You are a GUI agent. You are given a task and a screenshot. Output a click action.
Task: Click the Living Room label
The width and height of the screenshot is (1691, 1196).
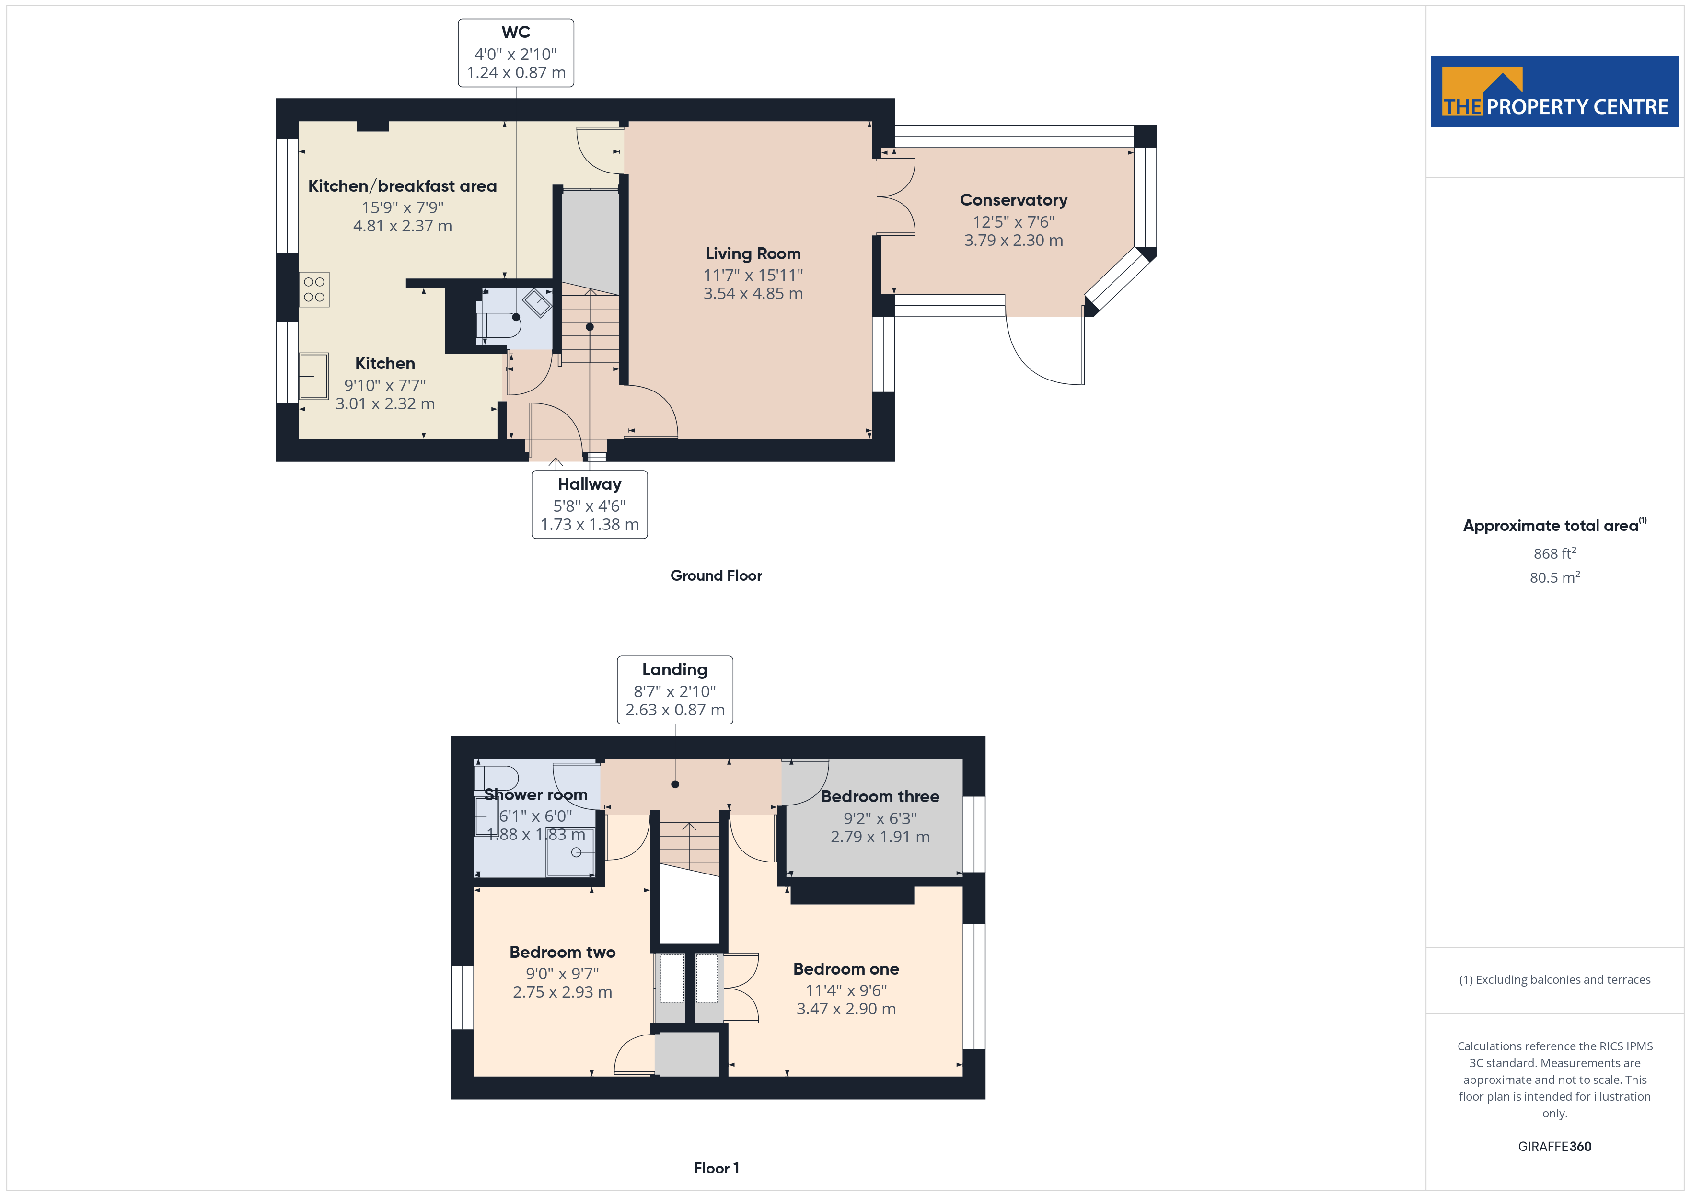click(x=753, y=253)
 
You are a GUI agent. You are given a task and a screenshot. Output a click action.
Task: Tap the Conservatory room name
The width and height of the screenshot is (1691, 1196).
click(x=1013, y=200)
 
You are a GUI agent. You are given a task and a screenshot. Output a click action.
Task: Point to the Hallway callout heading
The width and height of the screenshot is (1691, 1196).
click(x=589, y=484)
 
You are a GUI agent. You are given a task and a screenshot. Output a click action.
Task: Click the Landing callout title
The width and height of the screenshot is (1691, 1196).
click(x=675, y=669)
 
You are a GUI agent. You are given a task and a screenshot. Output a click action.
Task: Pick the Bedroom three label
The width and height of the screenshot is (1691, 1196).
click(x=880, y=797)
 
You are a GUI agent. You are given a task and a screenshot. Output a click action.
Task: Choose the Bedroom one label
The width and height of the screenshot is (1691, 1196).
click(x=846, y=969)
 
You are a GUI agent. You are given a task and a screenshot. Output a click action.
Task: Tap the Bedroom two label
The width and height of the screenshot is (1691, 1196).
click(x=563, y=952)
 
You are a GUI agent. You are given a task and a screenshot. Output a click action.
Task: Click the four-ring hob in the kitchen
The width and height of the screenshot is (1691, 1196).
click(x=314, y=289)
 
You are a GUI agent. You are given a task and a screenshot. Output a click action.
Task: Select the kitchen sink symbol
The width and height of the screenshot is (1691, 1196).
click(x=314, y=376)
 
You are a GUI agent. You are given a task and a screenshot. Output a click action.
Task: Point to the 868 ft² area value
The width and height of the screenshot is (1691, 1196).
click(x=1555, y=553)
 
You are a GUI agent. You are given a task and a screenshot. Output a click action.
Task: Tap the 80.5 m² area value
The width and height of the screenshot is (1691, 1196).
click(x=1555, y=577)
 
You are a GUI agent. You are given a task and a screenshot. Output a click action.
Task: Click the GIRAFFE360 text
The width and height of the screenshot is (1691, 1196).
click(x=1555, y=1147)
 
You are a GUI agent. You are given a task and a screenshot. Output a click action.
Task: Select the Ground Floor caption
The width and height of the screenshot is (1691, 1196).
click(x=716, y=576)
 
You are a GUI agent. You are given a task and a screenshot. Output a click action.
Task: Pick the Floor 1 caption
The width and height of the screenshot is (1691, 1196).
click(x=716, y=1169)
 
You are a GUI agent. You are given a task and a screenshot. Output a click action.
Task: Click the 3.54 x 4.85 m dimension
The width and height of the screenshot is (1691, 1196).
click(x=753, y=294)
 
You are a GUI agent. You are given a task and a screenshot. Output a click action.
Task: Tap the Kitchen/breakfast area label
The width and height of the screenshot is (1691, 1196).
click(x=402, y=186)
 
